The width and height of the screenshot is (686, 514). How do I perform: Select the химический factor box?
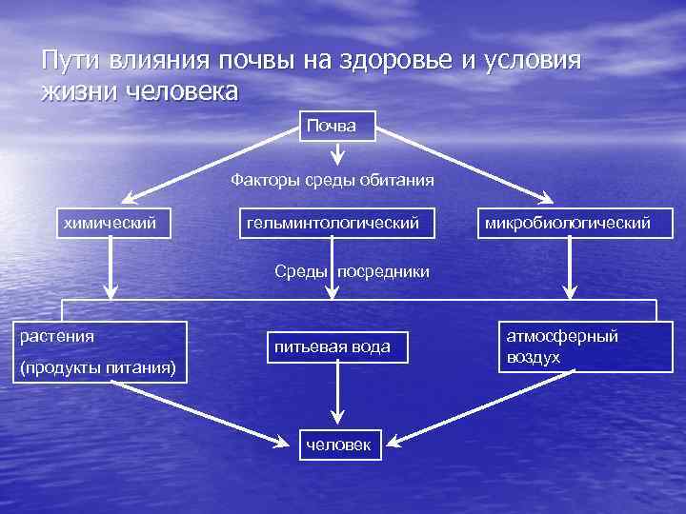coord(109,223)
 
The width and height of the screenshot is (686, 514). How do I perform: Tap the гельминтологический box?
coord(333,223)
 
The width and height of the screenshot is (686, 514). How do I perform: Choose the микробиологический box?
coord(568,223)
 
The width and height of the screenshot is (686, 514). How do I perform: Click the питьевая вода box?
coord(333,346)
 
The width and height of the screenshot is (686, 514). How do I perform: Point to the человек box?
coord(339,444)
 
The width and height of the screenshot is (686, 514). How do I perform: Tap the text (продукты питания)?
coord(98,368)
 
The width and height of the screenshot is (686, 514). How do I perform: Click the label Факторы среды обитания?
coord(333,179)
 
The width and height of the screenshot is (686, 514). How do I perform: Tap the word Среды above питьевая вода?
coord(302,271)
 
